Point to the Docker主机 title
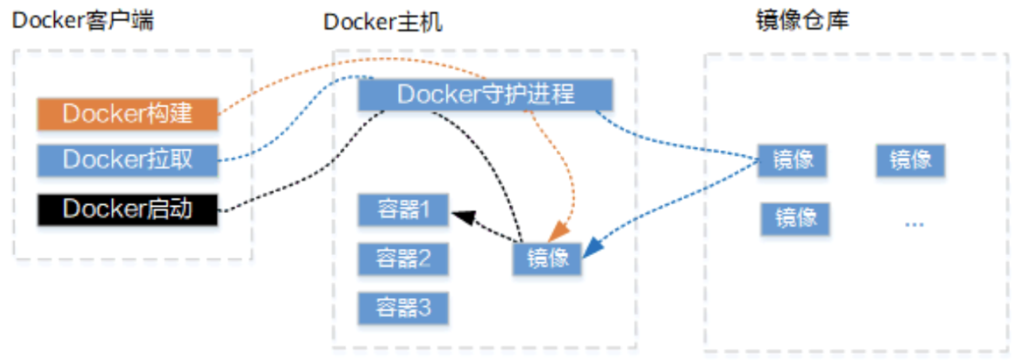pos(382,22)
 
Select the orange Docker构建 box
pos(127,114)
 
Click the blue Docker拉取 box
pos(127,161)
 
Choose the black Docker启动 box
pos(127,210)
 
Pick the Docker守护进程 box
pos(485,95)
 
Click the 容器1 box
pos(403,211)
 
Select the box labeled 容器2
pos(403,259)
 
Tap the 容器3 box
pos(403,308)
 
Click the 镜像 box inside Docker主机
pos(547,259)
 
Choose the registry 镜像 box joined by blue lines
pos(791,161)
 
